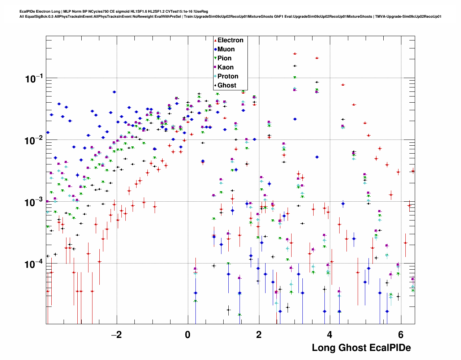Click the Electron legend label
coord(230,40)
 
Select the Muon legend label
coord(226,49)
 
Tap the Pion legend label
coord(224,58)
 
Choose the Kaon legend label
coord(225,67)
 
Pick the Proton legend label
coord(228,76)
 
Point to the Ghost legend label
coord(227,85)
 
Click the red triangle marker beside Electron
coord(215,40)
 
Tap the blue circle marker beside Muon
coord(215,49)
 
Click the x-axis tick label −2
coord(116,334)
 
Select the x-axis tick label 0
coord(188,334)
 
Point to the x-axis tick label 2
coord(259,334)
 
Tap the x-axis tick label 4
coord(329,334)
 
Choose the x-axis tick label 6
coord(400,334)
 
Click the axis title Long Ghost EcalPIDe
coord(361,348)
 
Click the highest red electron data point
coord(295,53)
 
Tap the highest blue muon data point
coord(114,92)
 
